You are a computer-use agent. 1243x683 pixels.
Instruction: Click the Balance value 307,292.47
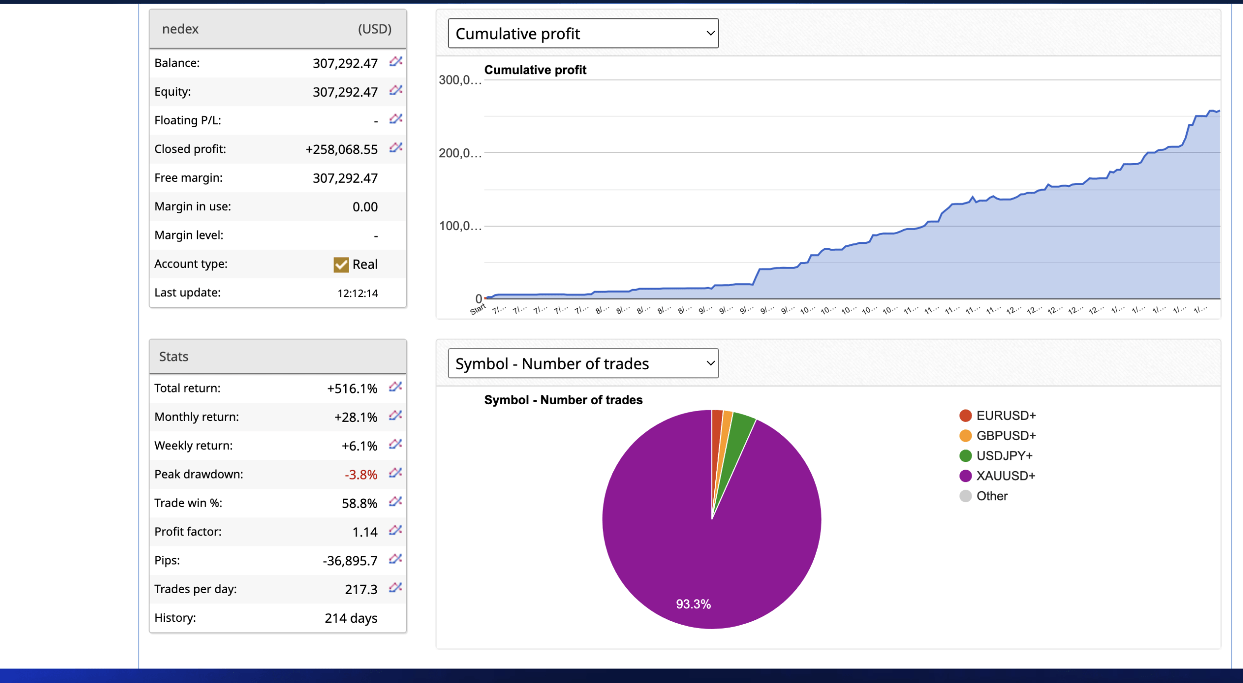345,63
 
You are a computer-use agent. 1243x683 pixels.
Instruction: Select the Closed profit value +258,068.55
341,149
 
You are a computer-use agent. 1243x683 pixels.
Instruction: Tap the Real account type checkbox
341,264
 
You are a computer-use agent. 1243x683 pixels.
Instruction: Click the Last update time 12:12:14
357,293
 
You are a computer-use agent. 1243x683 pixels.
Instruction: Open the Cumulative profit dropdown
583,34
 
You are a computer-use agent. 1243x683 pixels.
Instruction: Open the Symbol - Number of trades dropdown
583,363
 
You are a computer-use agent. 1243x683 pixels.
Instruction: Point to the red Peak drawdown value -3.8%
361,475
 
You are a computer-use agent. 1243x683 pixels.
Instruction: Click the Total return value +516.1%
352,389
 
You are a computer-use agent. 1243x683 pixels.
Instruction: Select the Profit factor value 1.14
365,532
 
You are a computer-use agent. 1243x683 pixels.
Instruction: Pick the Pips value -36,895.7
350,561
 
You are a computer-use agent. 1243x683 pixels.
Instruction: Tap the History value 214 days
351,618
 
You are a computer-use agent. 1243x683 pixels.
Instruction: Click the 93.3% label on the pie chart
693,604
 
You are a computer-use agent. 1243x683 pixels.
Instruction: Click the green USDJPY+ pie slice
738,437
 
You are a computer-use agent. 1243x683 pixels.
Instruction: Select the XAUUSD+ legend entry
1005,476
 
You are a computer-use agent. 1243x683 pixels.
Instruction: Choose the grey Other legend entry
991,496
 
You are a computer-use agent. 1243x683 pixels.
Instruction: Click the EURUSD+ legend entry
1006,415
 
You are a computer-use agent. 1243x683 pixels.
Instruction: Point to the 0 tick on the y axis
478,298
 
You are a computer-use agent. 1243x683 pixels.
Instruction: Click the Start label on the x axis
478,309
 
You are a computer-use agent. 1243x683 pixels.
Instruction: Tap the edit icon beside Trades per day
395,588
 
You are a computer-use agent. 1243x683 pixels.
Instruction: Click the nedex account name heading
180,29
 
